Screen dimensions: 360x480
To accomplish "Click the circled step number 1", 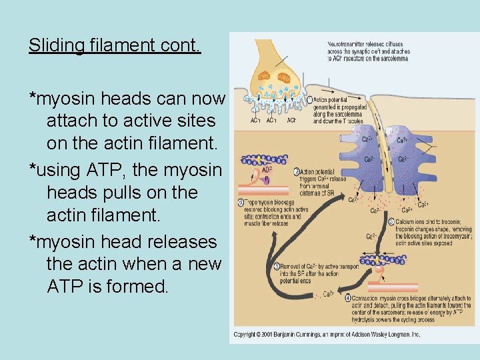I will tap(309, 101).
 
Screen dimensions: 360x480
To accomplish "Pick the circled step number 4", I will tap(348, 297).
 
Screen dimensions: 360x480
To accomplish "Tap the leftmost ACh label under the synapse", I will tap(255, 121).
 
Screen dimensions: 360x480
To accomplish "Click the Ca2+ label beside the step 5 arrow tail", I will tap(328, 293).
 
